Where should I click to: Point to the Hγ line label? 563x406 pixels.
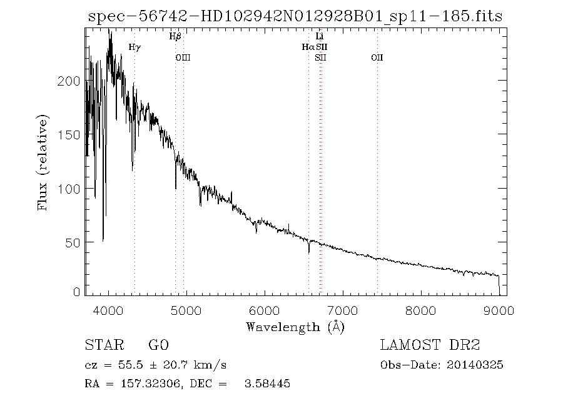tap(134, 47)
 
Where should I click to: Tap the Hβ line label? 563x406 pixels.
tap(176, 37)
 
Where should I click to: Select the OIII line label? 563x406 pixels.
tap(183, 57)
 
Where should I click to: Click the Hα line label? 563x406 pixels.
tap(308, 47)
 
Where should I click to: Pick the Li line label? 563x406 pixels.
tap(320, 37)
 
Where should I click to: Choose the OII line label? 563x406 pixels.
tap(377, 57)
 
